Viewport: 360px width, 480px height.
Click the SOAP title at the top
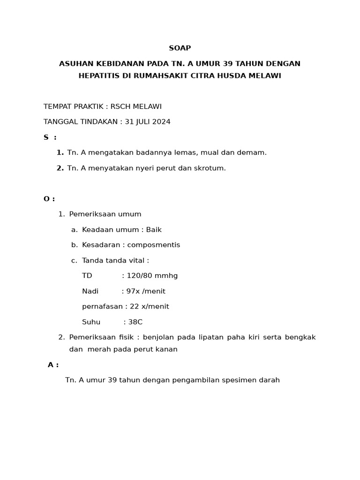(180, 48)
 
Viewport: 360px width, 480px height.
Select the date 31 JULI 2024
(147, 122)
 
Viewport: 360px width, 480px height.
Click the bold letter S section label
(46, 137)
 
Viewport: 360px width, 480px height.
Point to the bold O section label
(47, 199)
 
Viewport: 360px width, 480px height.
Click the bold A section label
(51, 365)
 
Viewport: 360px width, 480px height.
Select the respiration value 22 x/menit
(149, 307)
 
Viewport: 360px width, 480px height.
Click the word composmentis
(154, 245)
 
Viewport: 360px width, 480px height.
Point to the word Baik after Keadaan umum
(154, 230)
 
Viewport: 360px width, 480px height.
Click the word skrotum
(210, 168)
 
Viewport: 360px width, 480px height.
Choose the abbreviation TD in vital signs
(87, 276)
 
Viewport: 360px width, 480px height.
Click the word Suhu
(91, 322)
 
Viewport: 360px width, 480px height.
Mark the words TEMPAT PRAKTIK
(73, 106)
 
